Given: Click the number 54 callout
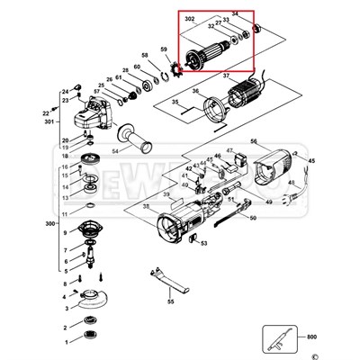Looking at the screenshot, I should coord(115,150).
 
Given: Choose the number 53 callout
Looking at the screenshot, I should coord(203,243).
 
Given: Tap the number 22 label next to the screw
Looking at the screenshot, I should coord(44,112).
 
